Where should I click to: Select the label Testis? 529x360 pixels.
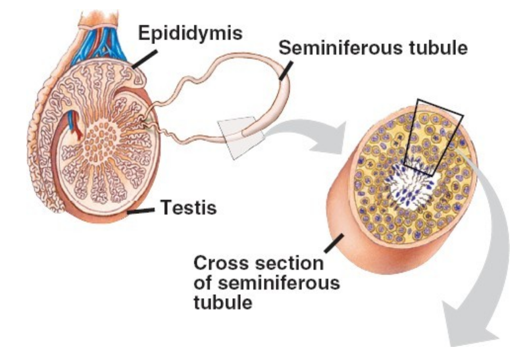[x=189, y=210]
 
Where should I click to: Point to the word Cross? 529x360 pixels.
[x=220, y=264]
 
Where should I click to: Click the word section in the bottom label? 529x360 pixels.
[x=287, y=264]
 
